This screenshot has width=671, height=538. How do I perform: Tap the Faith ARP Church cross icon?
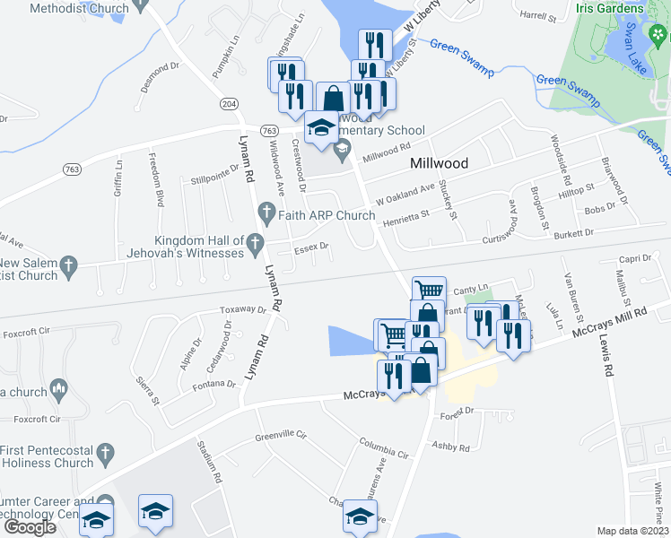point(266,214)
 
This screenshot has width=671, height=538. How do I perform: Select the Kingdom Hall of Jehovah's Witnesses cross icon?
point(256,241)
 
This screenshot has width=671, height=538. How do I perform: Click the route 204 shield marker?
point(230,105)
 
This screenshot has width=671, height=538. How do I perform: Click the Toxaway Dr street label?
point(243,310)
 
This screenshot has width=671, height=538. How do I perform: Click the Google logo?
point(30,527)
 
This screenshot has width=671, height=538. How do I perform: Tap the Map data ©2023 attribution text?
point(632,531)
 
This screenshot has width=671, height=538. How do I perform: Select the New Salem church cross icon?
point(68,265)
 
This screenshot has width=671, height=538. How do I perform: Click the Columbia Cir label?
point(384,446)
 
